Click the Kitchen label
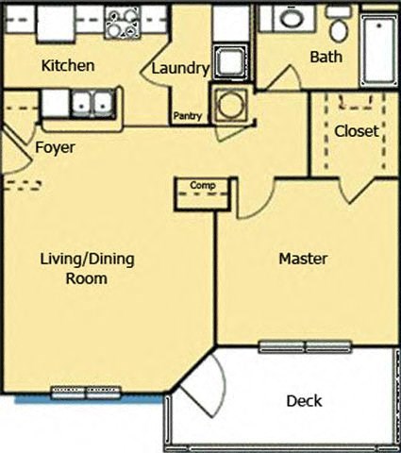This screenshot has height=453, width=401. coord(67,66)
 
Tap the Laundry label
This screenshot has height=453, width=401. coord(178,69)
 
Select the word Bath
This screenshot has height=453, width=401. coord(326,58)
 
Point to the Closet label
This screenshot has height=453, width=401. coord(356,131)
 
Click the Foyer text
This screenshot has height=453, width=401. coord(55,148)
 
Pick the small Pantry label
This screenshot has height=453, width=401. coord(186,117)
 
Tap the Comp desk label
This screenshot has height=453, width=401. coord(203,186)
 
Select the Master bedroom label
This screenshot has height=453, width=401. coord(303,258)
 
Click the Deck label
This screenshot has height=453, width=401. coord(304,401)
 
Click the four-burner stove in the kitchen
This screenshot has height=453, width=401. coord(123,22)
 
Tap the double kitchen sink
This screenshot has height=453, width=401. coord(92,102)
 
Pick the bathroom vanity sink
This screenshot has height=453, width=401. coord(292,18)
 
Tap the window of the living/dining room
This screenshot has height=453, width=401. coord(86,392)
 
